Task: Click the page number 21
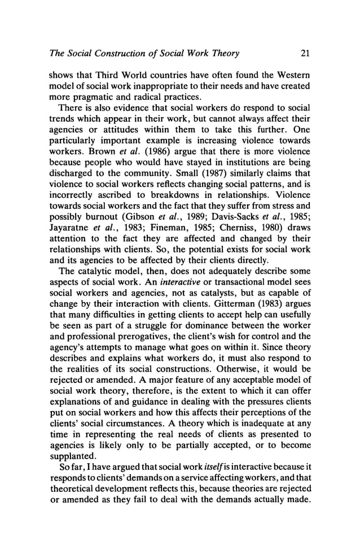pos(305,54)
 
